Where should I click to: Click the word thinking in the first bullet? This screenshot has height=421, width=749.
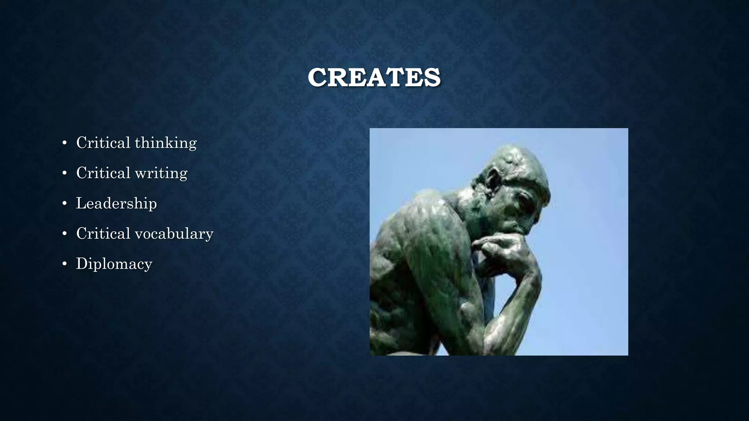(x=166, y=143)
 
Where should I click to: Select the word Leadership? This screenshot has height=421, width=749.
(x=116, y=203)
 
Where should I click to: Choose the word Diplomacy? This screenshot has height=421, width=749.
(x=114, y=264)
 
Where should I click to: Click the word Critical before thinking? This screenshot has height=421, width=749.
(x=103, y=143)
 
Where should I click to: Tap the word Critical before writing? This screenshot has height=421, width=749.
(x=103, y=173)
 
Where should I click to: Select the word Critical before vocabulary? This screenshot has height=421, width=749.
(x=103, y=234)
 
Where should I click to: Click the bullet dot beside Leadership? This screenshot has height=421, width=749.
(x=65, y=204)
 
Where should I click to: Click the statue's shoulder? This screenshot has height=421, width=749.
(x=421, y=212)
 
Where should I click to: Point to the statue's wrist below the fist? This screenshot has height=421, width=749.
(x=523, y=278)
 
